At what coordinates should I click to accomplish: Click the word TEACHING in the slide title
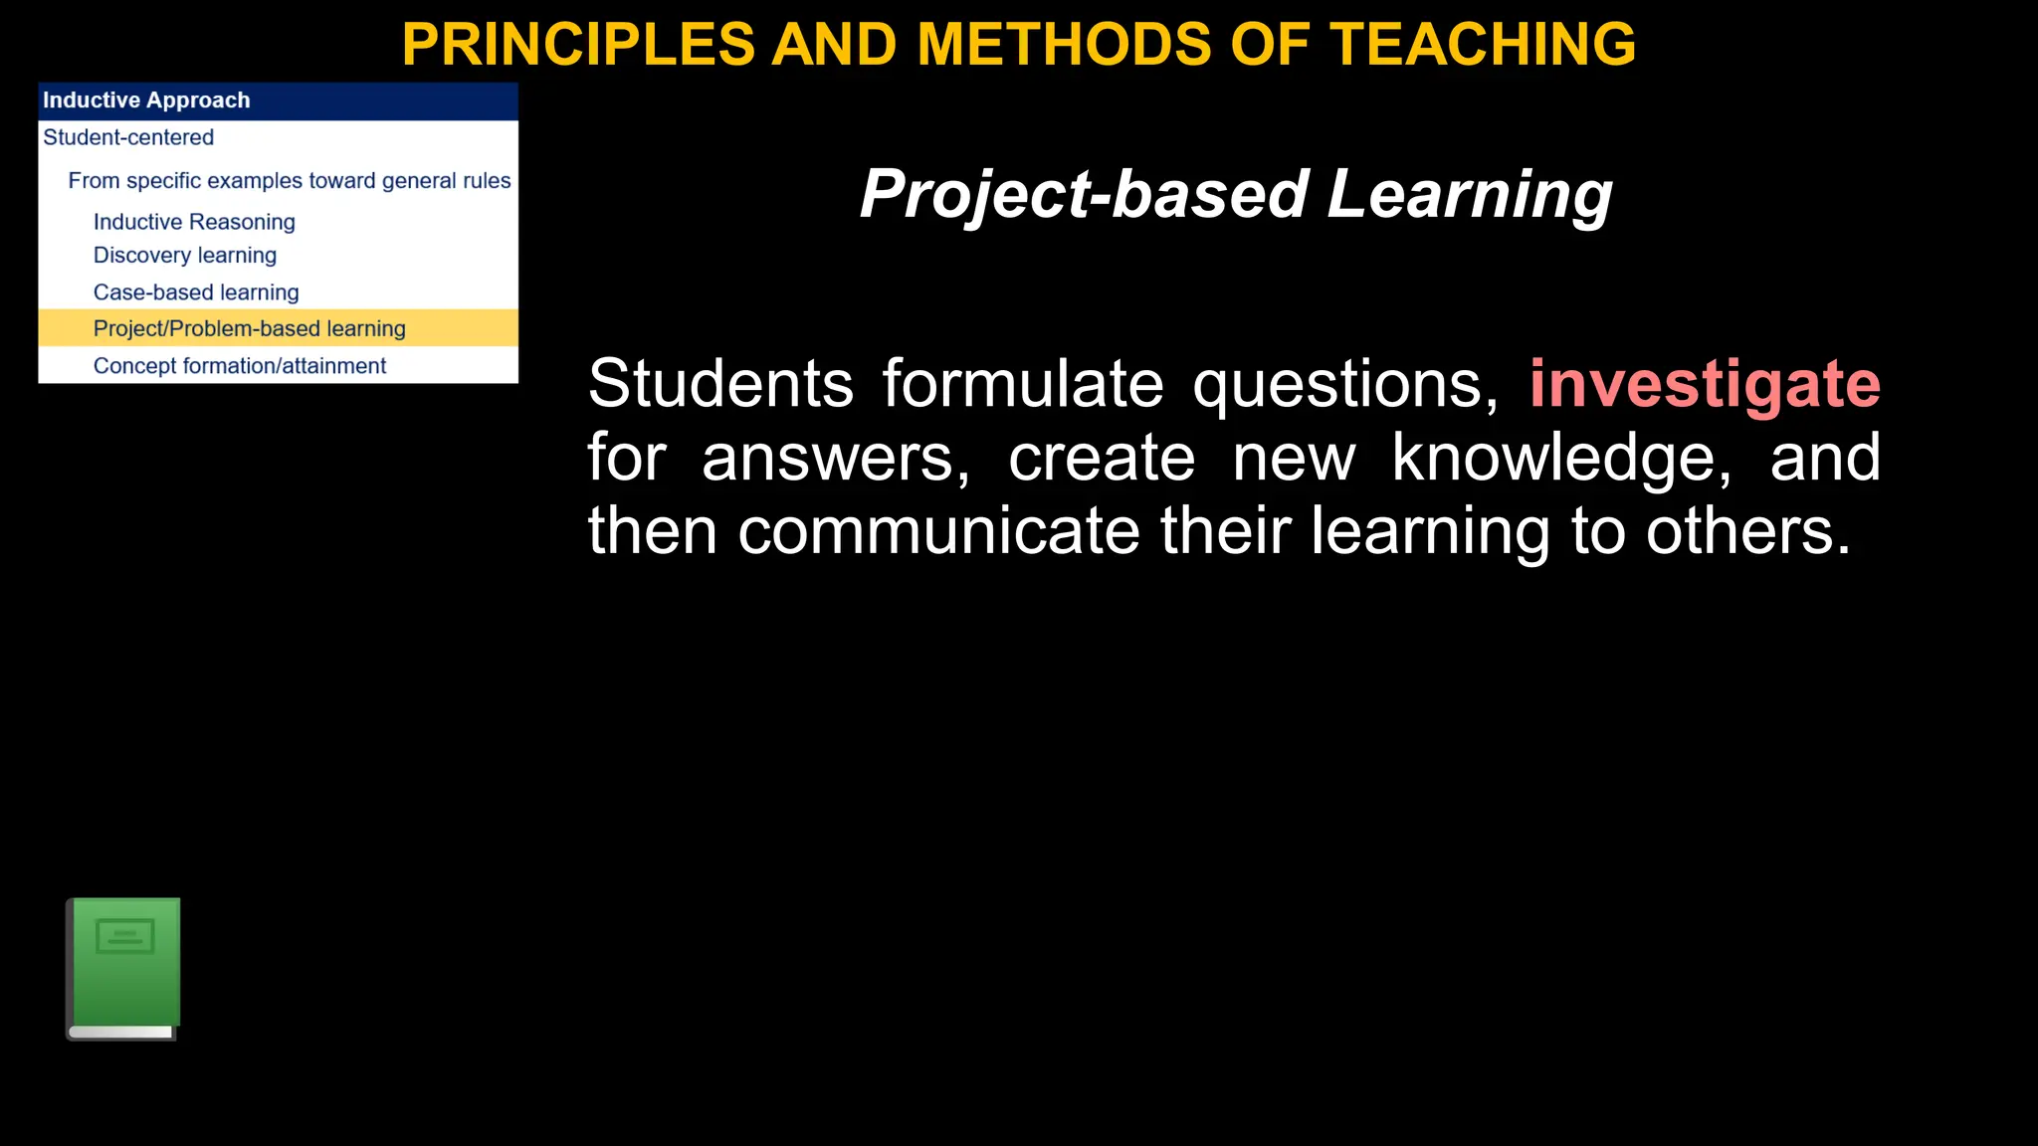pyautogui.click(x=1483, y=45)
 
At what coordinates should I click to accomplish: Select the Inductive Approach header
pyautogui.click(x=146, y=100)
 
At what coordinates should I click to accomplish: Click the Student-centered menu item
pyautogui.click(x=128, y=137)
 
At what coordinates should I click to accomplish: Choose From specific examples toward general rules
pyautogui.click(x=289, y=181)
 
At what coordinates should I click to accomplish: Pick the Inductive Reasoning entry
pyautogui.click(x=194, y=222)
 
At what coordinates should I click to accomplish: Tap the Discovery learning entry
pyautogui.click(x=185, y=256)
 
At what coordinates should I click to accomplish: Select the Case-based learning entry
pyautogui.click(x=196, y=292)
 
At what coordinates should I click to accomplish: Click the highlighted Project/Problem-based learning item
pyautogui.click(x=250, y=328)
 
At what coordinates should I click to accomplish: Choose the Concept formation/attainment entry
pyautogui.click(x=240, y=366)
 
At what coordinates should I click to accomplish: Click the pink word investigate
pyautogui.click(x=1705, y=384)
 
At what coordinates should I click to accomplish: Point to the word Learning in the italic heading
pyautogui.click(x=1469, y=194)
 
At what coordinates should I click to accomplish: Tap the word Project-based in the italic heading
pyautogui.click(x=1084, y=194)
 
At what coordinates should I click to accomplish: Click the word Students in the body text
pyautogui.click(x=720, y=384)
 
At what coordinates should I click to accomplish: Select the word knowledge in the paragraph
pyautogui.click(x=1560, y=458)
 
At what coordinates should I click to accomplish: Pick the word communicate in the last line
pyautogui.click(x=938, y=530)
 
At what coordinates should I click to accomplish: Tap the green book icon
pyautogui.click(x=123, y=969)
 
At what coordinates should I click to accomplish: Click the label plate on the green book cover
pyautogui.click(x=125, y=936)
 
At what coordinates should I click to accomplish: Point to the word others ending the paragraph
pyautogui.click(x=1747, y=530)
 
